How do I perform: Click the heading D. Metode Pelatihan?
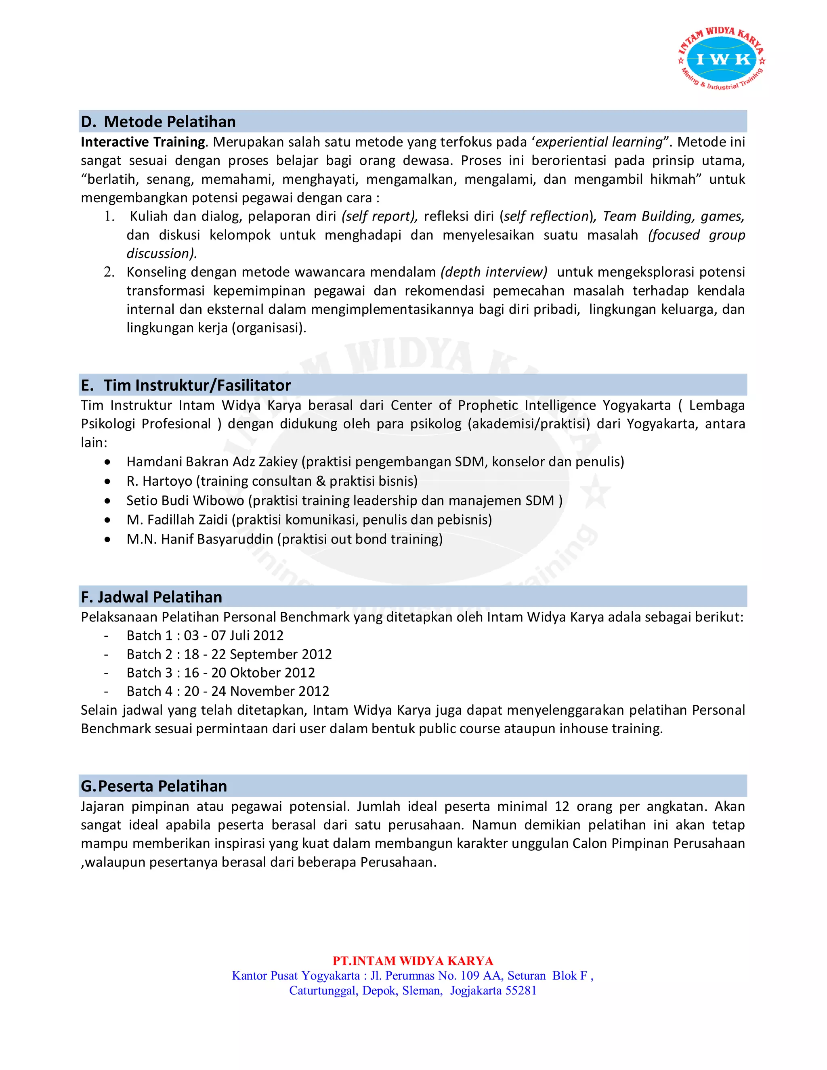(158, 122)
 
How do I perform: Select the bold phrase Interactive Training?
(143, 142)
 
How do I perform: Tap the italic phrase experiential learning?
(599, 142)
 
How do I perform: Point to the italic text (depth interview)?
(493, 272)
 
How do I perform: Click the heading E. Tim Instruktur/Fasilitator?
(186, 385)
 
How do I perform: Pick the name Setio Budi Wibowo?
(185, 500)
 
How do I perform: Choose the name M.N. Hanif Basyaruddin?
(200, 539)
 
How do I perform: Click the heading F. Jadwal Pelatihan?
(151, 597)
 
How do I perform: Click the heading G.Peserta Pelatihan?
(154, 786)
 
